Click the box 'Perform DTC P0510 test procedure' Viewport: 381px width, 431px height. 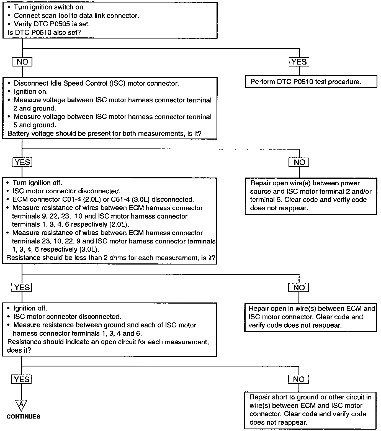pos(311,82)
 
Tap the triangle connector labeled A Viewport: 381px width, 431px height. pos(21,405)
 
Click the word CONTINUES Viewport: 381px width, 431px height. pos(23,417)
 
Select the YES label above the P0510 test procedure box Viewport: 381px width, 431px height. pos(299,62)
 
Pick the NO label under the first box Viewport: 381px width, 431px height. pos(22,62)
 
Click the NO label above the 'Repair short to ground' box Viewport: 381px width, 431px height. pos(298,379)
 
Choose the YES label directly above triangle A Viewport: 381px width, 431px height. pos(22,379)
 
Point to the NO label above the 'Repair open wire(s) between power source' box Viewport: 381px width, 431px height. pos(299,162)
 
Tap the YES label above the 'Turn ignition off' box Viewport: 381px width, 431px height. pos(22,162)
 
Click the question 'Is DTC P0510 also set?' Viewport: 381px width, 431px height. pos(44,32)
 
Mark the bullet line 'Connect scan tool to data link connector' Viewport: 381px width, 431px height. pos(76,16)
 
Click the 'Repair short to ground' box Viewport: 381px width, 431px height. pos(310,410)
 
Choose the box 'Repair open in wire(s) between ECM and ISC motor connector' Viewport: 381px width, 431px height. pos(310,317)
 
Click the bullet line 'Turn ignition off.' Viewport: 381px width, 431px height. pos(37,183)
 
